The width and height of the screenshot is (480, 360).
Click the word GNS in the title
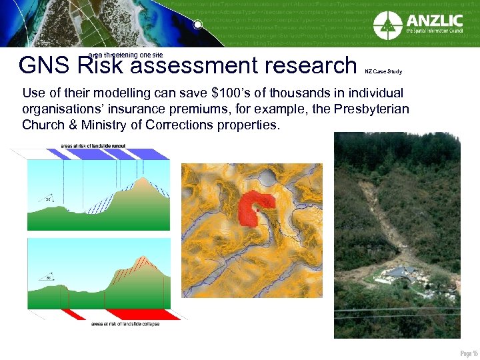tap(46, 66)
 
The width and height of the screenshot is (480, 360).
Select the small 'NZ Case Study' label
tap(383, 71)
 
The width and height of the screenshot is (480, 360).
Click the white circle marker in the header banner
tap(198, 25)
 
